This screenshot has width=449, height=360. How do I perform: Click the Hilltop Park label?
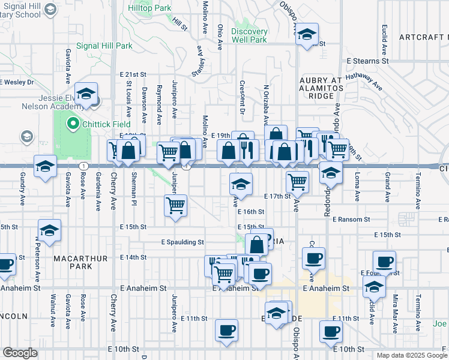pos(149,8)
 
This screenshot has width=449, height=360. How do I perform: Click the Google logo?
pos(20,353)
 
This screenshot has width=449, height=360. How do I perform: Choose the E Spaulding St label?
pos(182,242)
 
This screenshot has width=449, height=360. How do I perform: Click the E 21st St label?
pos(133,74)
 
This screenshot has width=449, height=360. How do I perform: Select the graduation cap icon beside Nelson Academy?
pos(86,94)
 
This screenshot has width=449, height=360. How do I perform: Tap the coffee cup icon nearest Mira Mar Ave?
pos(384,262)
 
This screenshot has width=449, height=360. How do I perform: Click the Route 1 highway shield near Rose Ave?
pos(83,166)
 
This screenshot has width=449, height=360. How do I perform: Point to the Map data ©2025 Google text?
pos(411,355)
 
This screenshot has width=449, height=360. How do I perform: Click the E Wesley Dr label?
pos(18,82)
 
